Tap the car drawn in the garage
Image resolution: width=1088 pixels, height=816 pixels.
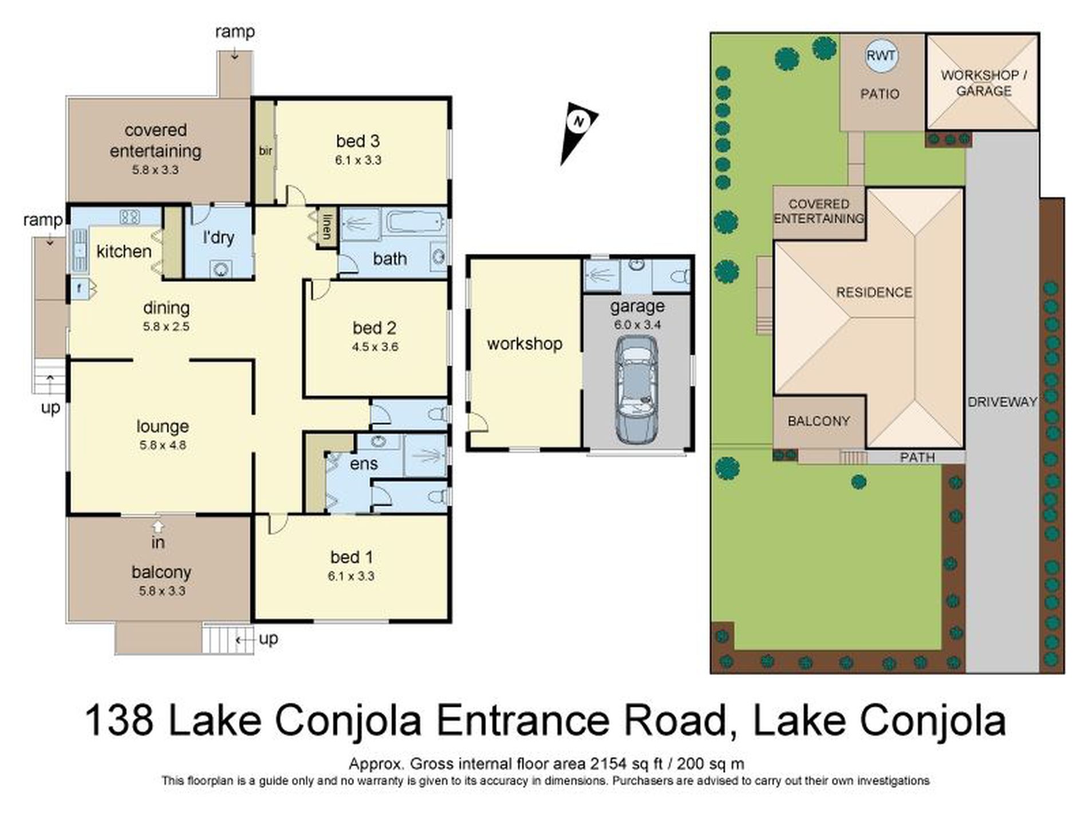[x=636, y=389]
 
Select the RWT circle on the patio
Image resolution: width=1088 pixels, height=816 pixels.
[x=881, y=56]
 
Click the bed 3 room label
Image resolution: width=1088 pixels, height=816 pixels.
[x=358, y=141]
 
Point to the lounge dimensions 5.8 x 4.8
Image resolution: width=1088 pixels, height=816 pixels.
[x=163, y=445]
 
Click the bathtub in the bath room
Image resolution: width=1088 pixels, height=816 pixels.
[x=416, y=222]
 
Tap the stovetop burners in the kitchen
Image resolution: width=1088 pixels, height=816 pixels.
[x=130, y=216]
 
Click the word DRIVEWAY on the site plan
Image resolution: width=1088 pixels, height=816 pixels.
[x=1002, y=402]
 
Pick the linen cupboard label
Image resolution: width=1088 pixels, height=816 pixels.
[x=327, y=227]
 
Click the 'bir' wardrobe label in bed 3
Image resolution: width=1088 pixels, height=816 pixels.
[x=265, y=151]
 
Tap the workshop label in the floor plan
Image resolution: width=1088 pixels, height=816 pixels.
[x=525, y=344]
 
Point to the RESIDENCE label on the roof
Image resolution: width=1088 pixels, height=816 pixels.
[x=874, y=293]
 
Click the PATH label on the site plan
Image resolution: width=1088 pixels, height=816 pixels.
[x=917, y=457]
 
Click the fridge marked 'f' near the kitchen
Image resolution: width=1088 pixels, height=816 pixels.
[x=79, y=289]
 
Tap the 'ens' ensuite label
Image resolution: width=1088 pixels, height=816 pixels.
[x=364, y=464]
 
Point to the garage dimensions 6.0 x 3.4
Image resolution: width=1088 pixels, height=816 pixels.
[x=637, y=325]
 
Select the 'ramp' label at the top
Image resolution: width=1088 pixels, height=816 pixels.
[x=235, y=32]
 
